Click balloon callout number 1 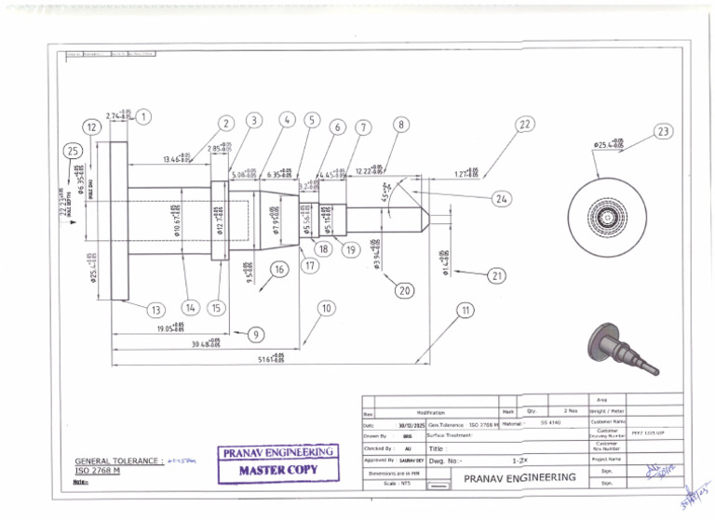[x=143, y=116]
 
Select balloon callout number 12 [x=91, y=127]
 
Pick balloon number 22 [x=525, y=124]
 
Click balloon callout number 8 [x=401, y=124]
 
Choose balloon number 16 [x=277, y=269]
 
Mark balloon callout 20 [x=404, y=290]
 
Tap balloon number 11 [x=465, y=309]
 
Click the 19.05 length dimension [x=169, y=327]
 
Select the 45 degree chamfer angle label [x=385, y=192]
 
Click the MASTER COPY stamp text [x=278, y=470]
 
